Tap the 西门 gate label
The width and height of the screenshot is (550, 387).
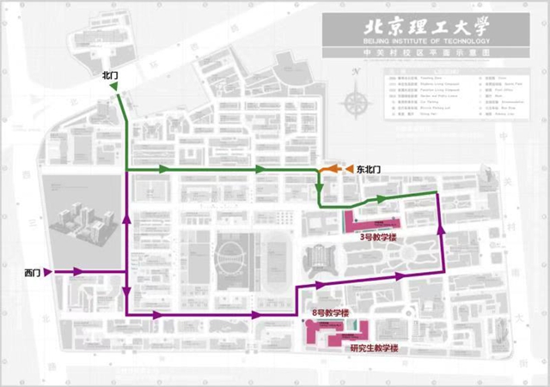(x=33, y=272)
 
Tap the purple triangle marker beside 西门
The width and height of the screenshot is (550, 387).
(x=48, y=272)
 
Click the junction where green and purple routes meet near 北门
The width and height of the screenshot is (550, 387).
(x=126, y=171)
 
